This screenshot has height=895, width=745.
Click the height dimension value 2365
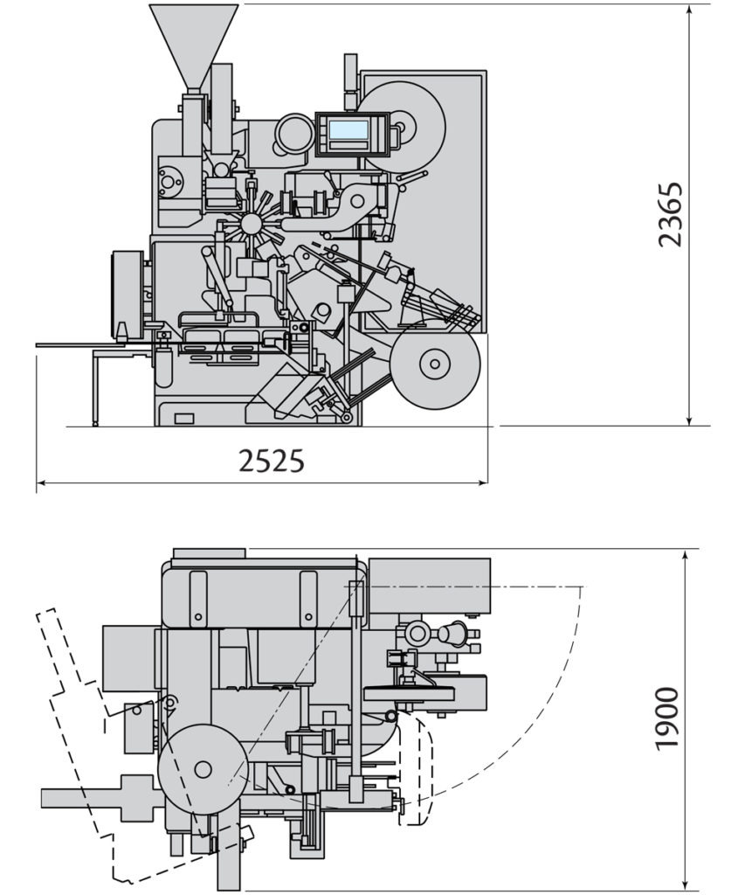point(670,214)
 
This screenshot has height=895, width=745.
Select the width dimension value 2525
point(272,460)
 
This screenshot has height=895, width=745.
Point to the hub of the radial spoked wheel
point(251,224)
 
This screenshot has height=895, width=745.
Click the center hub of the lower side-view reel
point(434,363)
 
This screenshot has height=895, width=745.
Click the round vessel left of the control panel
point(293,135)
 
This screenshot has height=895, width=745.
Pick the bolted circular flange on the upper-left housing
point(170,182)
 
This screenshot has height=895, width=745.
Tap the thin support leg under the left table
point(95,390)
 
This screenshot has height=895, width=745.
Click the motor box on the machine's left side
point(127,294)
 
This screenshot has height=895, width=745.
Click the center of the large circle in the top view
point(203,769)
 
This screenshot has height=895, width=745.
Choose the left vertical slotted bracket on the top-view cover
point(198,599)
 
